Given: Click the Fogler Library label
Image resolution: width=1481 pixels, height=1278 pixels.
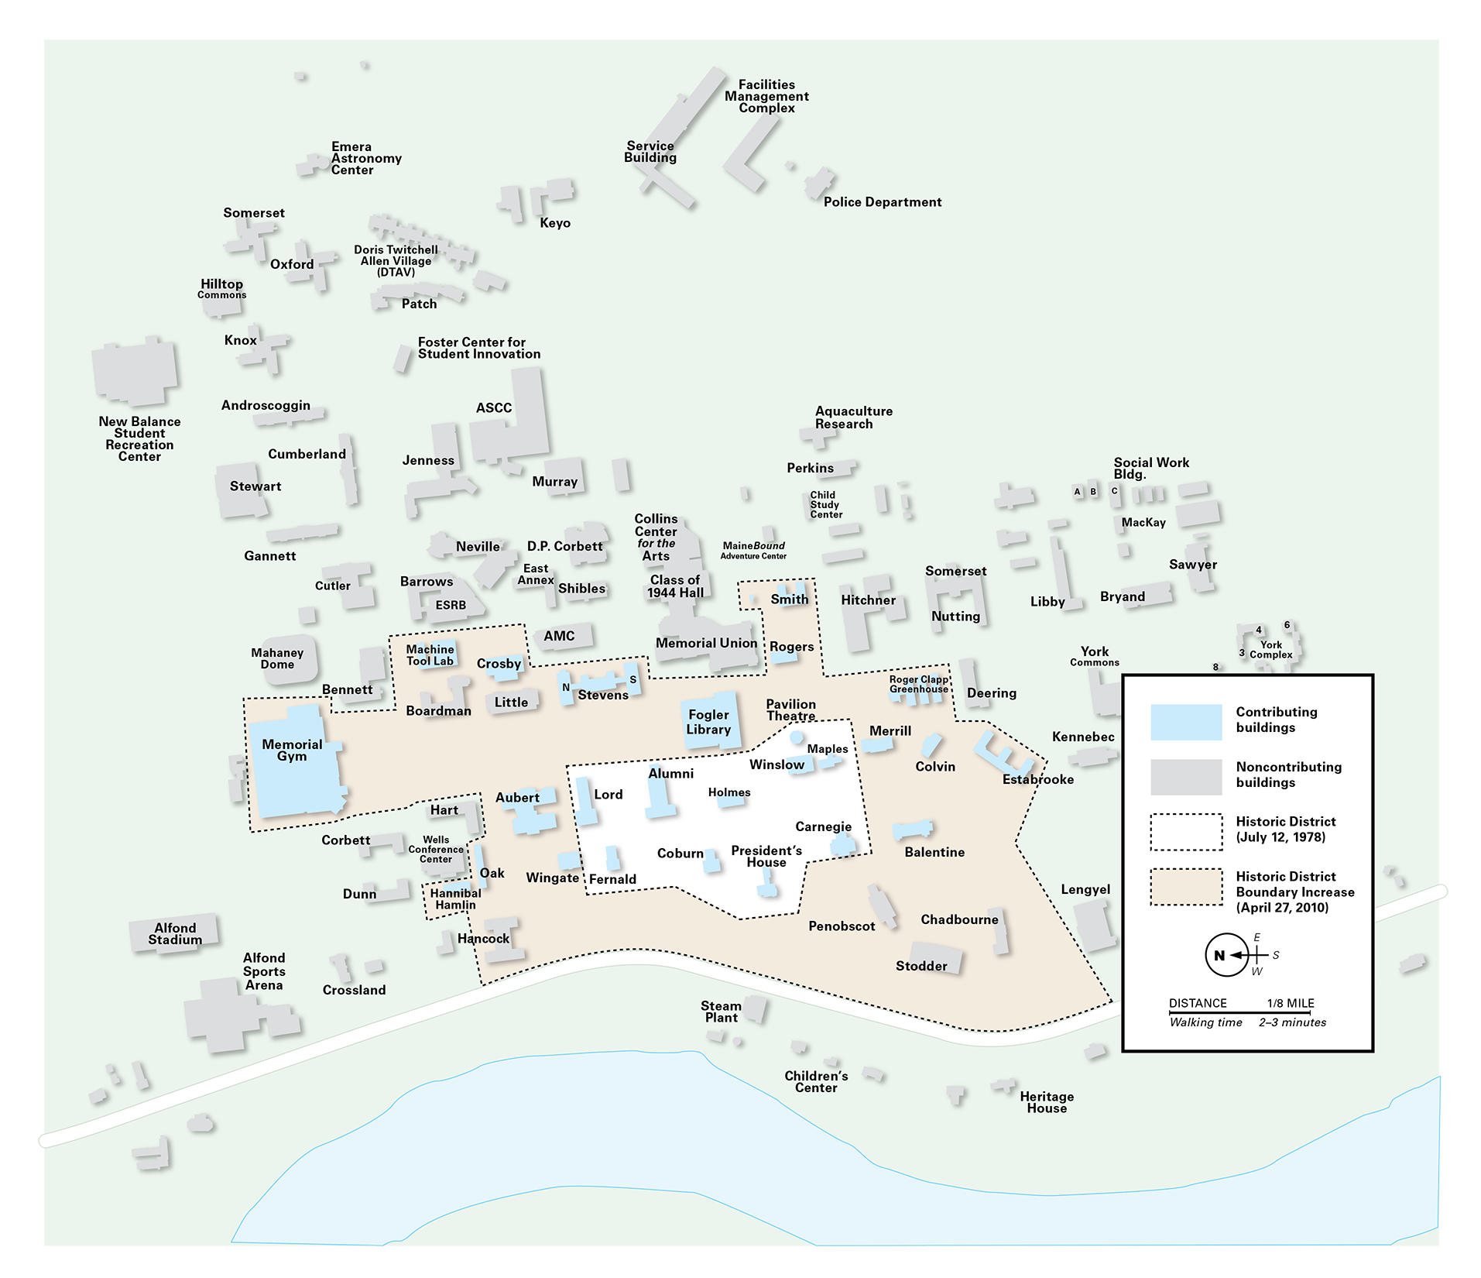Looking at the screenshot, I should (x=708, y=722).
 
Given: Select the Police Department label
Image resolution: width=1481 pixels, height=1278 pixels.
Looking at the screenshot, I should (x=882, y=202).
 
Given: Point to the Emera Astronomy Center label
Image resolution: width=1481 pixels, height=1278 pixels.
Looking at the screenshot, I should (x=365, y=158).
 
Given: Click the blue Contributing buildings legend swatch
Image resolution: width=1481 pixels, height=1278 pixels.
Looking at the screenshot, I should (x=1185, y=722).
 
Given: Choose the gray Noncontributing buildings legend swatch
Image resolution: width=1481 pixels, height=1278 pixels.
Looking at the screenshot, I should (x=1185, y=777).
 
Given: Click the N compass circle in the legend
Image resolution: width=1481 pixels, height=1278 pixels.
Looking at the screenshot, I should (x=1226, y=955).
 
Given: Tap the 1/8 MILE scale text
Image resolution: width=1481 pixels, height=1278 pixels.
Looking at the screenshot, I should (x=1290, y=1003).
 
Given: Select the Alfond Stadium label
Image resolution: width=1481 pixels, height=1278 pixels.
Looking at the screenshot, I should (x=175, y=933).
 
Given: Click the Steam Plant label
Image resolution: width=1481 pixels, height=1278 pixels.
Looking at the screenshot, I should (x=721, y=1012).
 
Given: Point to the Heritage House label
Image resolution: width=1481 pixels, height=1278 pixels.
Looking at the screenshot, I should (x=1046, y=1102).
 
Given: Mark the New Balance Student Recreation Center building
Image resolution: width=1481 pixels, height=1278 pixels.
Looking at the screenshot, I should (x=134, y=372).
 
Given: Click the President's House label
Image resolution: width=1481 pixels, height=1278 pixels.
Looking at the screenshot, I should (x=766, y=857).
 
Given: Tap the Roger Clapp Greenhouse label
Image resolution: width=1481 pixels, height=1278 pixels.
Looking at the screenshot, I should (x=918, y=684).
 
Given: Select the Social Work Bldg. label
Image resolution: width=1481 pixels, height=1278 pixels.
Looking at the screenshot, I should (x=1150, y=468).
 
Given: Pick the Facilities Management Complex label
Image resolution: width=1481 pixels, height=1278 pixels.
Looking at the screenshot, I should (x=766, y=96).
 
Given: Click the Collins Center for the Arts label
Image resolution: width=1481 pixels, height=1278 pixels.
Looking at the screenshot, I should (x=656, y=537).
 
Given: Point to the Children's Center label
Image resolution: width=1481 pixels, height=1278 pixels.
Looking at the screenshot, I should (x=816, y=1081).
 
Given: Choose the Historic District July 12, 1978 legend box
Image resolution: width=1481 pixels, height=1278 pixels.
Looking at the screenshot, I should (x=1185, y=832).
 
